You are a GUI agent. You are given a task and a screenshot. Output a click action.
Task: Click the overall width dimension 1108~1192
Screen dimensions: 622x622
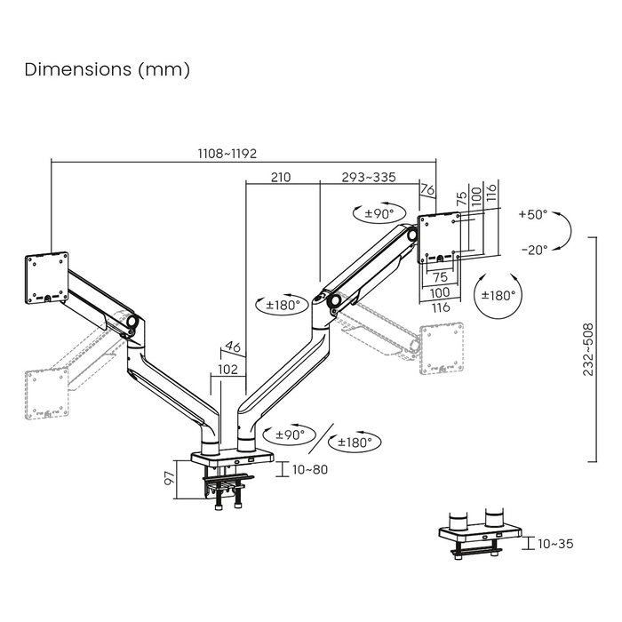point(227,153)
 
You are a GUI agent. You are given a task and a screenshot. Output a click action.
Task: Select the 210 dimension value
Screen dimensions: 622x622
point(280,177)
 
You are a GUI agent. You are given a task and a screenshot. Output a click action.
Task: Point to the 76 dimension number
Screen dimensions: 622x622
point(427,189)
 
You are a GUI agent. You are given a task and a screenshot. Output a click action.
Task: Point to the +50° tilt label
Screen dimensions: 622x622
point(532,215)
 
